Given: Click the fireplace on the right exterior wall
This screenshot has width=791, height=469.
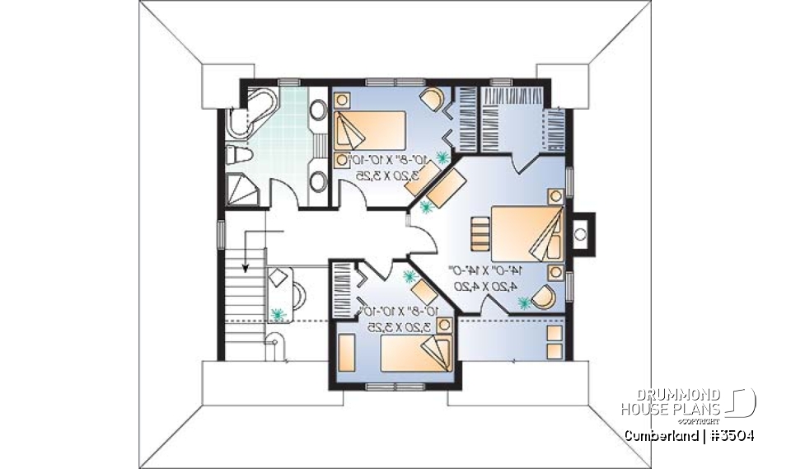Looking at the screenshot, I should click(580, 232).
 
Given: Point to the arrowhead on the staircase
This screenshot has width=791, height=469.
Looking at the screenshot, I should click(246, 266).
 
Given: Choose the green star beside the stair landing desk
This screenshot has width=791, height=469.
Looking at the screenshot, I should click(278, 314).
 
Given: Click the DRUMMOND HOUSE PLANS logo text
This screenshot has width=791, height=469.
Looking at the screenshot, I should click(671, 402).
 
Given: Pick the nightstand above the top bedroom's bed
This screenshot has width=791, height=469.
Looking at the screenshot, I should click(342, 104).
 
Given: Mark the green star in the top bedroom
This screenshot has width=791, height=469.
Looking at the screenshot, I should click(442, 156).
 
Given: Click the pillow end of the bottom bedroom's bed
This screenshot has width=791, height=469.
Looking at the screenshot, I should click(438, 350).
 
